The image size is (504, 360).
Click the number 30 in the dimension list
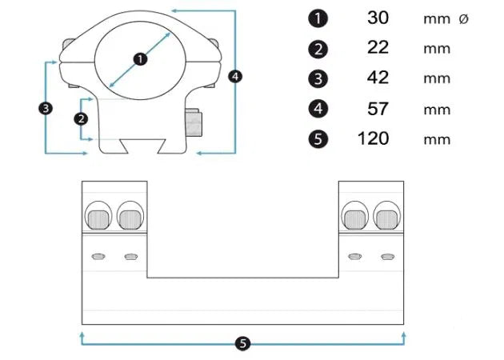pos(378,18)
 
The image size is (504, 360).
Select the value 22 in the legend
pos(378,47)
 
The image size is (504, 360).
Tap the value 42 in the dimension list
pos(378,78)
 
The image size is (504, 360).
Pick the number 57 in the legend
pos(378,109)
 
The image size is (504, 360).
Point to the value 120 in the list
pos(373,138)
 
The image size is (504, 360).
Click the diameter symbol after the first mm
pos(463,19)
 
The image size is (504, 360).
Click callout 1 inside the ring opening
pos(140,59)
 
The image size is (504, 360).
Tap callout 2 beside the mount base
pos(81,119)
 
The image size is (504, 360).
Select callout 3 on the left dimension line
pos(46,108)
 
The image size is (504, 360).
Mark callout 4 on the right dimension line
pos(235,77)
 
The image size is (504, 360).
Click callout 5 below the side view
pos(242,344)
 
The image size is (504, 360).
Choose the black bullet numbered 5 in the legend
pos(318,139)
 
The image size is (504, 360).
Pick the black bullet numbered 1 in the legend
pos(318,18)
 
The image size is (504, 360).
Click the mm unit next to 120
pos(437,140)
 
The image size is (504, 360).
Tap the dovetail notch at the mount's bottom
pos(143,146)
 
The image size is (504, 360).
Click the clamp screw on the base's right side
pos(194,122)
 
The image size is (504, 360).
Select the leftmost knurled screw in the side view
pos(98,220)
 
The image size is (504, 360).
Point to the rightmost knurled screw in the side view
pos(387,220)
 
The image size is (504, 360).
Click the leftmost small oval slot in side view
pos(98,257)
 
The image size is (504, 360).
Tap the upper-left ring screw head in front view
pos(68,43)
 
